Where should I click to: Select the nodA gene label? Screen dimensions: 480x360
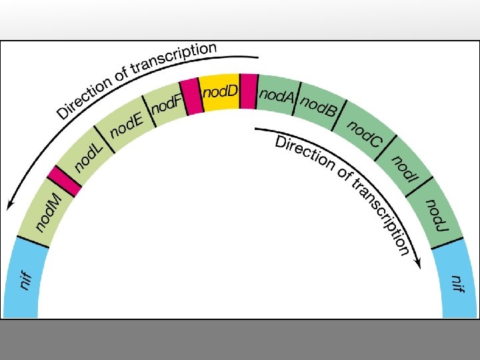pos(275,97)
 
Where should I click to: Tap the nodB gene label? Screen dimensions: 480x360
pos(318,106)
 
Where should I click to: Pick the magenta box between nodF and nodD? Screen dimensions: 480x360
pos(191,95)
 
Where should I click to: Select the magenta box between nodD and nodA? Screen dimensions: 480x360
pos(249,91)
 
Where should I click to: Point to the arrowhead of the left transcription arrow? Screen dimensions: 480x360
pos(10,204)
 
